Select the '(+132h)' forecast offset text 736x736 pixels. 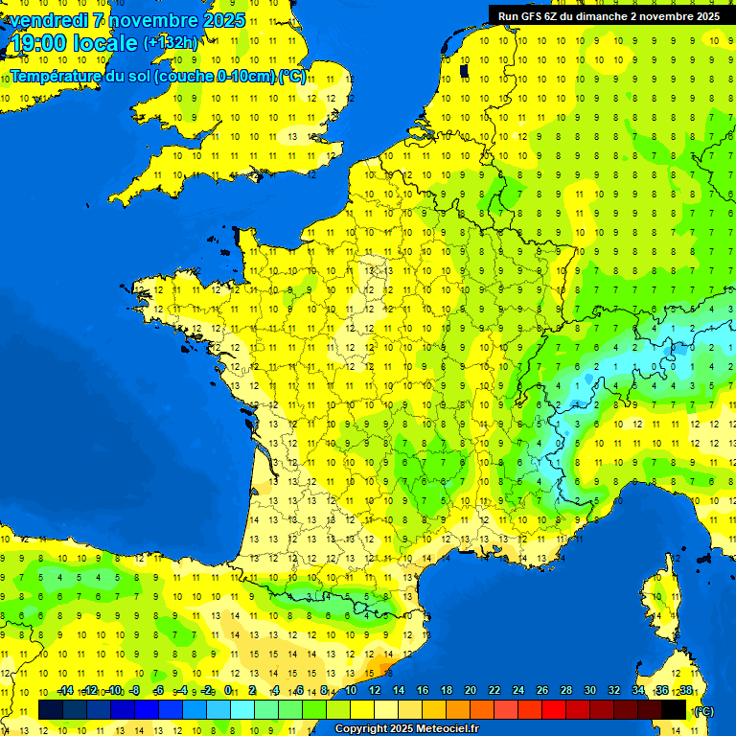coord(171,43)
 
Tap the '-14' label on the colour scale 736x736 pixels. coord(65,690)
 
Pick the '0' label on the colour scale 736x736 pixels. coord(228,690)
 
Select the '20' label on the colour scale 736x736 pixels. coord(470,690)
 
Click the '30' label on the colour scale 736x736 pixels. coord(589,690)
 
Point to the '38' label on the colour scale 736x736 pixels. coord(685,690)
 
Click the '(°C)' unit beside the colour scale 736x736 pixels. coord(703,711)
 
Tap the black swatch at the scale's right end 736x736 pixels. coord(674,710)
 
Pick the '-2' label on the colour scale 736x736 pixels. coord(206,690)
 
